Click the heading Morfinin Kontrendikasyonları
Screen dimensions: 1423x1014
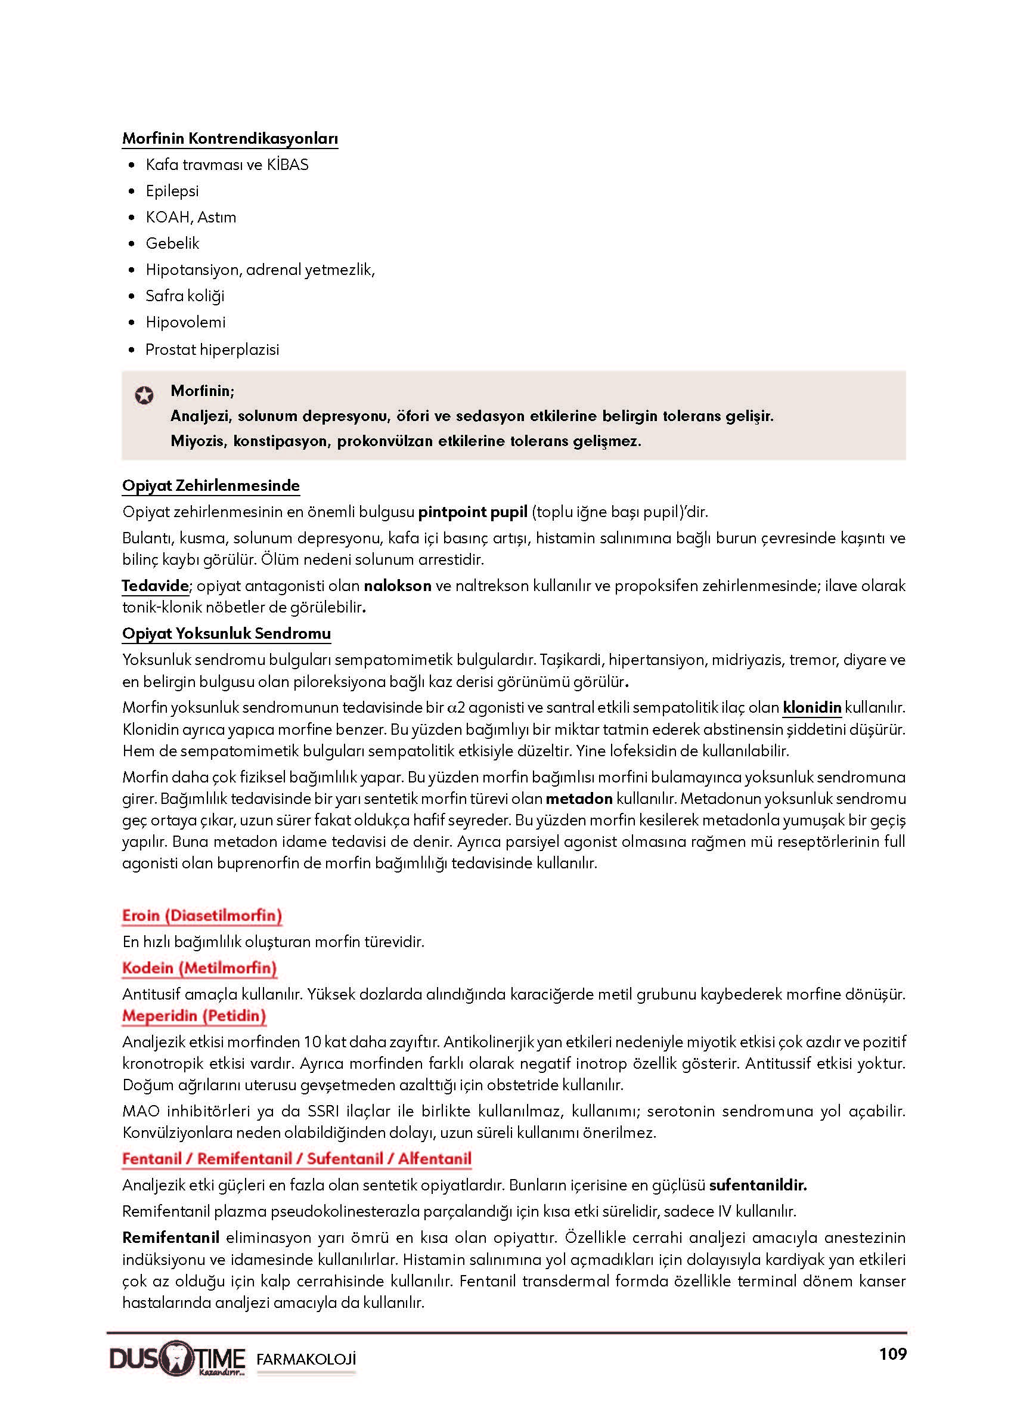click(230, 139)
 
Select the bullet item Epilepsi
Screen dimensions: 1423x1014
click(172, 191)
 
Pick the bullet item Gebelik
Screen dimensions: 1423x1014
click(172, 243)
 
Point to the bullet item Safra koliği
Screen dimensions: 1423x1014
click(184, 296)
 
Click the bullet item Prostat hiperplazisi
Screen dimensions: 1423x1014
click(212, 350)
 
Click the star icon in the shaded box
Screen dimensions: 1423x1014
click(144, 395)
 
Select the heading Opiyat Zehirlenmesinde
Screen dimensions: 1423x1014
click(210, 486)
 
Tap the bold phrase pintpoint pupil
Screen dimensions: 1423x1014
click(473, 512)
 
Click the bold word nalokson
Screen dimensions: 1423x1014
click(398, 586)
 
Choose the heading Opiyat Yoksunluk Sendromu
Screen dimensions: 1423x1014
click(226, 633)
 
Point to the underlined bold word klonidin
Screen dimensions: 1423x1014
click(812, 708)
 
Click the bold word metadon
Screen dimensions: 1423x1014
click(579, 799)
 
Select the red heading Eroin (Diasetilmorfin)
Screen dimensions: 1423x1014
click(201, 916)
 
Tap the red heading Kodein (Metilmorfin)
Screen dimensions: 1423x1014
click(199, 968)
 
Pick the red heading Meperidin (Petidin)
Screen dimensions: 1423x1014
click(194, 1016)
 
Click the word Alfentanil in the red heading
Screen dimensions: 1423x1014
click(435, 1159)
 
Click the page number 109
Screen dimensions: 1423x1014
click(892, 1354)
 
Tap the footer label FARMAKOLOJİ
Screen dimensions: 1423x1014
click(306, 1359)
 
